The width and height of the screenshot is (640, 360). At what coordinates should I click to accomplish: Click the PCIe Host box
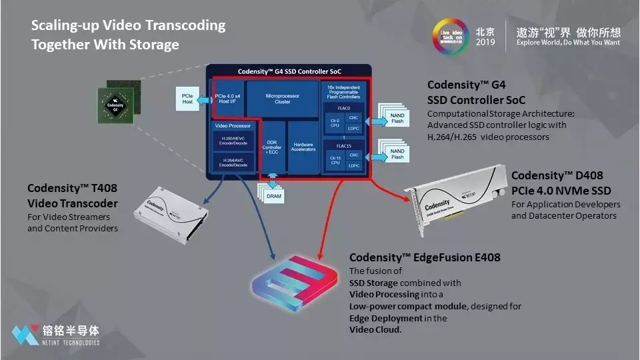[187, 99]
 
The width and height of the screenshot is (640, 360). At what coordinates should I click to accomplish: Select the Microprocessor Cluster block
[283, 99]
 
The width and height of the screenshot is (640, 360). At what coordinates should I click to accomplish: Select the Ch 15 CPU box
[334, 160]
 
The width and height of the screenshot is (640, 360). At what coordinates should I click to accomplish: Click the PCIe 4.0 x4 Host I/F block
[229, 99]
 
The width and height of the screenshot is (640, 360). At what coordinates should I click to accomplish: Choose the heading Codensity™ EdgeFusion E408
[425, 257]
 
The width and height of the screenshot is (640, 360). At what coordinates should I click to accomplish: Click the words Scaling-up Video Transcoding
[128, 26]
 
